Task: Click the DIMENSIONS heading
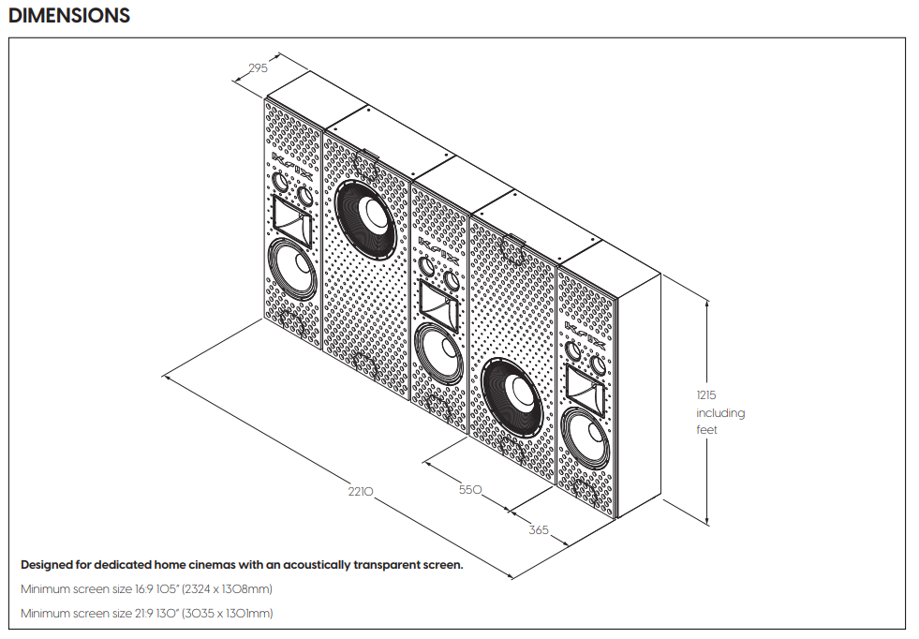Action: (x=69, y=16)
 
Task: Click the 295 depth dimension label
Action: (x=258, y=67)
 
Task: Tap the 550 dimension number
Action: (x=469, y=489)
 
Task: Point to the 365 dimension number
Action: (x=539, y=530)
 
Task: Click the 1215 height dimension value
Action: (x=706, y=395)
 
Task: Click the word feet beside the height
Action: (x=706, y=430)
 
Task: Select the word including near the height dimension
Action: (x=719, y=413)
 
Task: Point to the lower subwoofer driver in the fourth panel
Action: (x=511, y=394)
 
